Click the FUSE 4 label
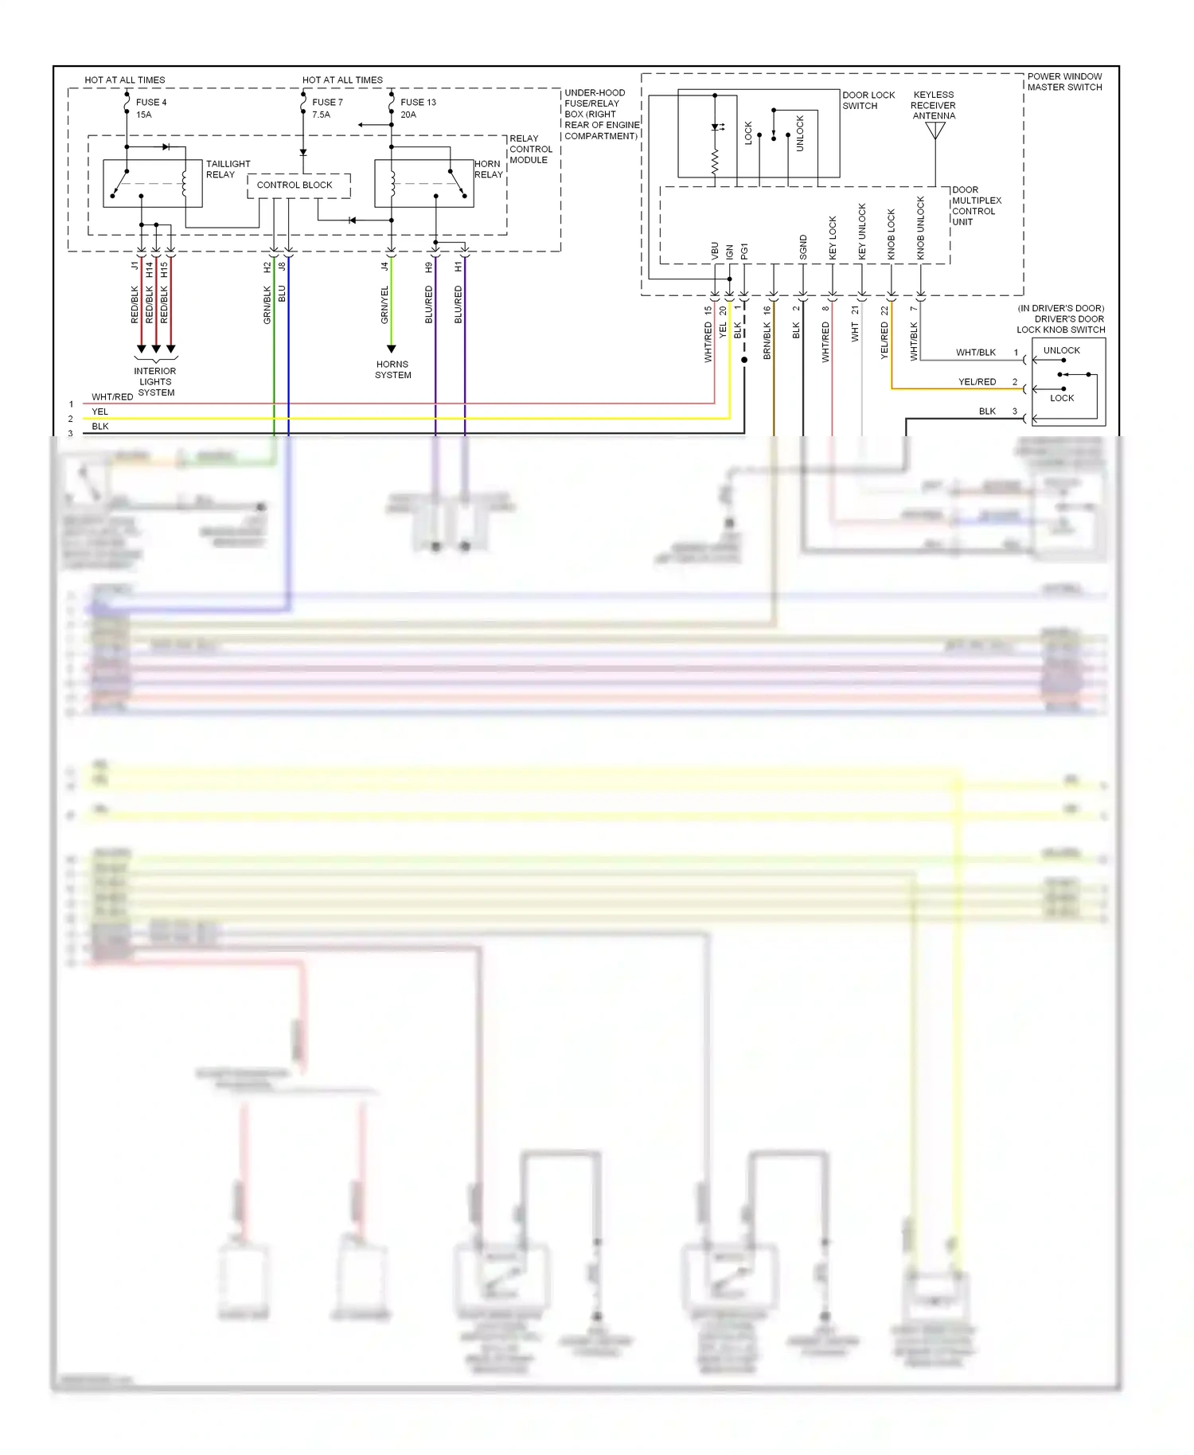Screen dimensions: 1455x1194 click(150, 103)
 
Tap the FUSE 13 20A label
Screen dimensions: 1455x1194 click(417, 108)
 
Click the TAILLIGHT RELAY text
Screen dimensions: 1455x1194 click(227, 170)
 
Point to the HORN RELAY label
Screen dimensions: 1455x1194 click(488, 170)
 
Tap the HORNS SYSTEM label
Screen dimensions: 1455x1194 click(392, 370)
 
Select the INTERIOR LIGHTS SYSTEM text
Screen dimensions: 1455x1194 click(155, 382)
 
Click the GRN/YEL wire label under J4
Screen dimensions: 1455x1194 click(384, 305)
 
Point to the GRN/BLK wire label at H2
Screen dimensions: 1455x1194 click(267, 305)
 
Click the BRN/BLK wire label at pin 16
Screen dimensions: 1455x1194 click(767, 341)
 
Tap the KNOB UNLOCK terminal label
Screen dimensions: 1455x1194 click(921, 228)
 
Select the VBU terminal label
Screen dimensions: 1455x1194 click(715, 251)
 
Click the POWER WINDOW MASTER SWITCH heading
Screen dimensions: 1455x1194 click(1064, 82)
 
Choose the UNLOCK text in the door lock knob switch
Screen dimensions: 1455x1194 click(1061, 351)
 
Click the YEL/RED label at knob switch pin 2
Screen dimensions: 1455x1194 click(977, 382)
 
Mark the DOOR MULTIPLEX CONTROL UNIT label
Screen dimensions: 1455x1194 click(976, 206)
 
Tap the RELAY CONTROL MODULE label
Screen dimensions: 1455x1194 click(530, 150)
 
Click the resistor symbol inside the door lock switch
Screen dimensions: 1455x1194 click(715, 162)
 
